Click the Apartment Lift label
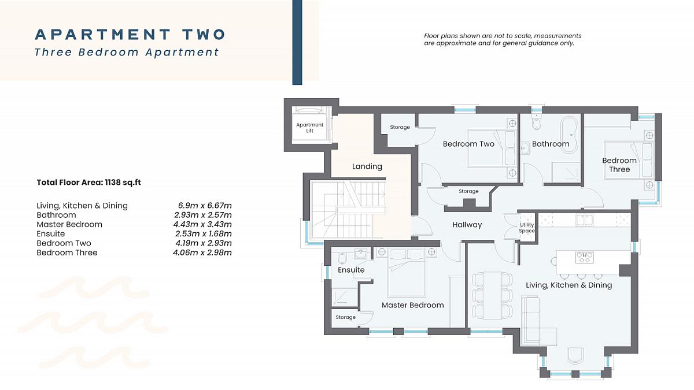point(309,128)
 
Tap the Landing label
point(367,166)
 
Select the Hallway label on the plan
point(467,225)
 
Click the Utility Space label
point(527,228)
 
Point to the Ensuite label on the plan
point(351,270)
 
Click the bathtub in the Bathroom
point(569,134)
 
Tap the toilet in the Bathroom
point(536,122)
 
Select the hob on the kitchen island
point(584,258)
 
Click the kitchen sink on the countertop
point(584,220)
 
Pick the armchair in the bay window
point(576,355)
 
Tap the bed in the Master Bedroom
point(407,272)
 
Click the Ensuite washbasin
point(361,254)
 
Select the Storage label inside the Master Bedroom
point(345,317)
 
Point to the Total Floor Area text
point(88,183)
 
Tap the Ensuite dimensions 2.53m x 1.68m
point(203,233)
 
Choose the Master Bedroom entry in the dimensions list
point(69,225)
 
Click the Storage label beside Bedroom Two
point(400,127)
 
